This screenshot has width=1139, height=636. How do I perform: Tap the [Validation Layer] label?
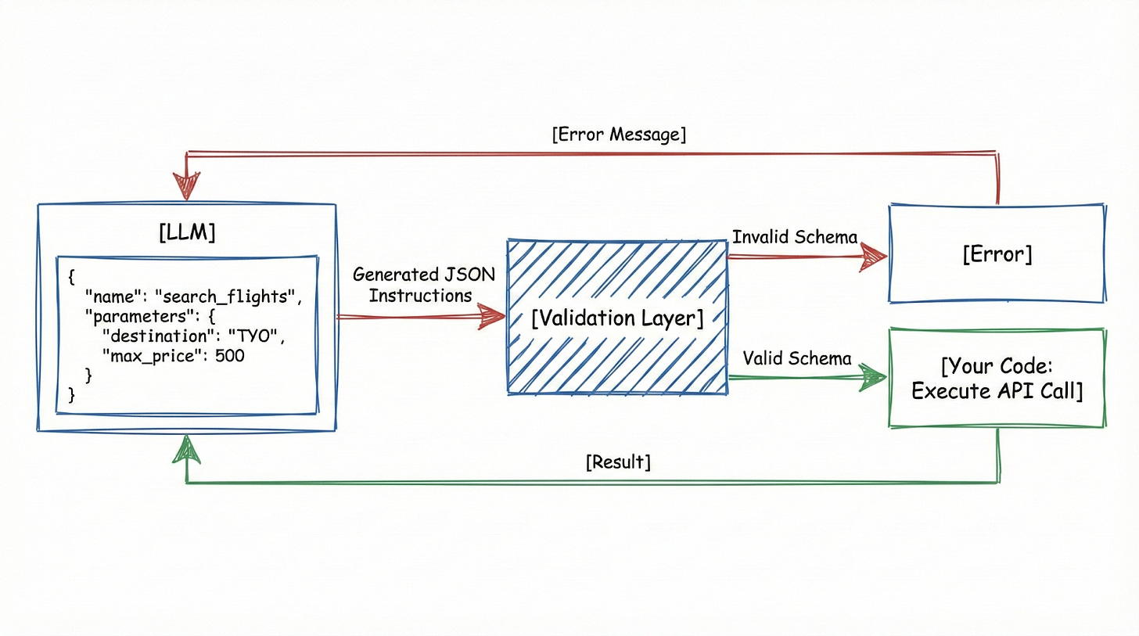617,318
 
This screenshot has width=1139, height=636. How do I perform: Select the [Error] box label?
997,253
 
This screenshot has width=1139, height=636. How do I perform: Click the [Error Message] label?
619,135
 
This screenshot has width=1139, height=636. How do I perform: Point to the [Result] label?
618,462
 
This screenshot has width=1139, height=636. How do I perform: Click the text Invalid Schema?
795,237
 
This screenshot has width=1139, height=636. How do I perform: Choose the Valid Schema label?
797,358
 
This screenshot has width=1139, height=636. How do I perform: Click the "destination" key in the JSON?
156,336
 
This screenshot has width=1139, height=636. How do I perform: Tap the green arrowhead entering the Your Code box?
871,378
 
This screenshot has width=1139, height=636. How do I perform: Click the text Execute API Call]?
997,390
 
